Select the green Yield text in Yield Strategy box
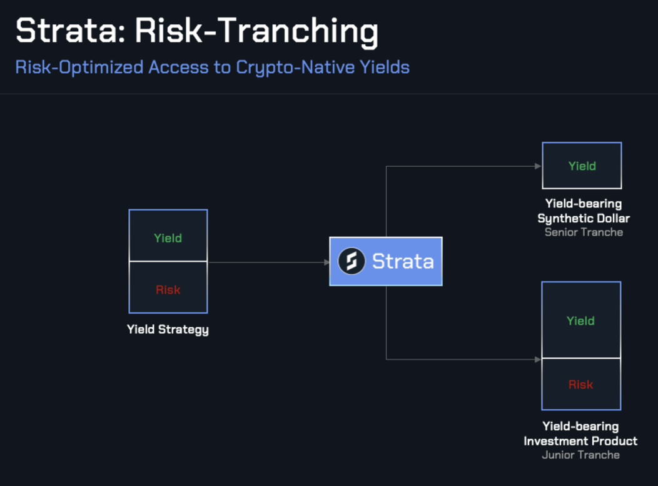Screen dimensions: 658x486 pos(168,238)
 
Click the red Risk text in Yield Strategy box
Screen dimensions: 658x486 pos(168,290)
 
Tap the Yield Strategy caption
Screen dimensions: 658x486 pos(168,329)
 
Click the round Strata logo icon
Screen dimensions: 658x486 pos(352,261)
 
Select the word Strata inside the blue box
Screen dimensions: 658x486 pos(402,261)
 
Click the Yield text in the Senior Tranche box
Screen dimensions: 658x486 pos(582,166)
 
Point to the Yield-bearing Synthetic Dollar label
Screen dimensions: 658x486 pos(583,211)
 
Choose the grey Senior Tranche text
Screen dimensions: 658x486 pos(584,232)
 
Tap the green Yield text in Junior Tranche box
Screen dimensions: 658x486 pos(580,321)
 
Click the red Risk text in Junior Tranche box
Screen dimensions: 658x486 pos(580,385)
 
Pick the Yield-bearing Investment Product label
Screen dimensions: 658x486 pos(580,434)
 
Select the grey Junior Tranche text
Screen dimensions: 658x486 pos(580,455)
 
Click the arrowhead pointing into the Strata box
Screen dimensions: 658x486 pos(326,262)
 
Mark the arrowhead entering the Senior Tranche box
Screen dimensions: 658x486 pos(538,166)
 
